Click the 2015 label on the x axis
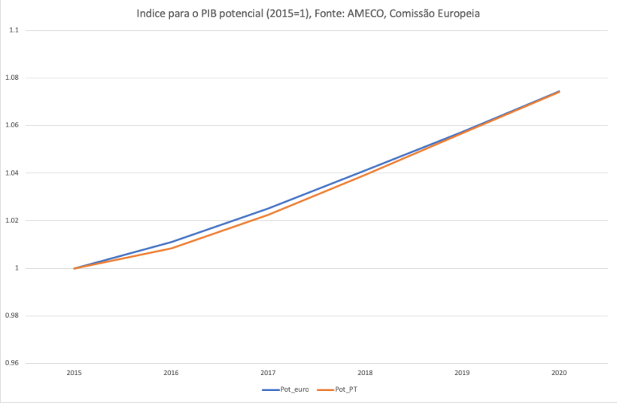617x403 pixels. coord(74,373)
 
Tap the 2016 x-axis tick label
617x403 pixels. coord(171,373)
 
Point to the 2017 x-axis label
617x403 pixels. coord(268,373)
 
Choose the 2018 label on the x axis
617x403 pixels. coord(365,373)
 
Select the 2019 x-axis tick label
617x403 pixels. coord(462,373)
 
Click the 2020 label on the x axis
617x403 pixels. coord(559,373)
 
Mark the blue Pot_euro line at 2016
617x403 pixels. coord(171,242)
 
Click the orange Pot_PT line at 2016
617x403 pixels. coord(171,249)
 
